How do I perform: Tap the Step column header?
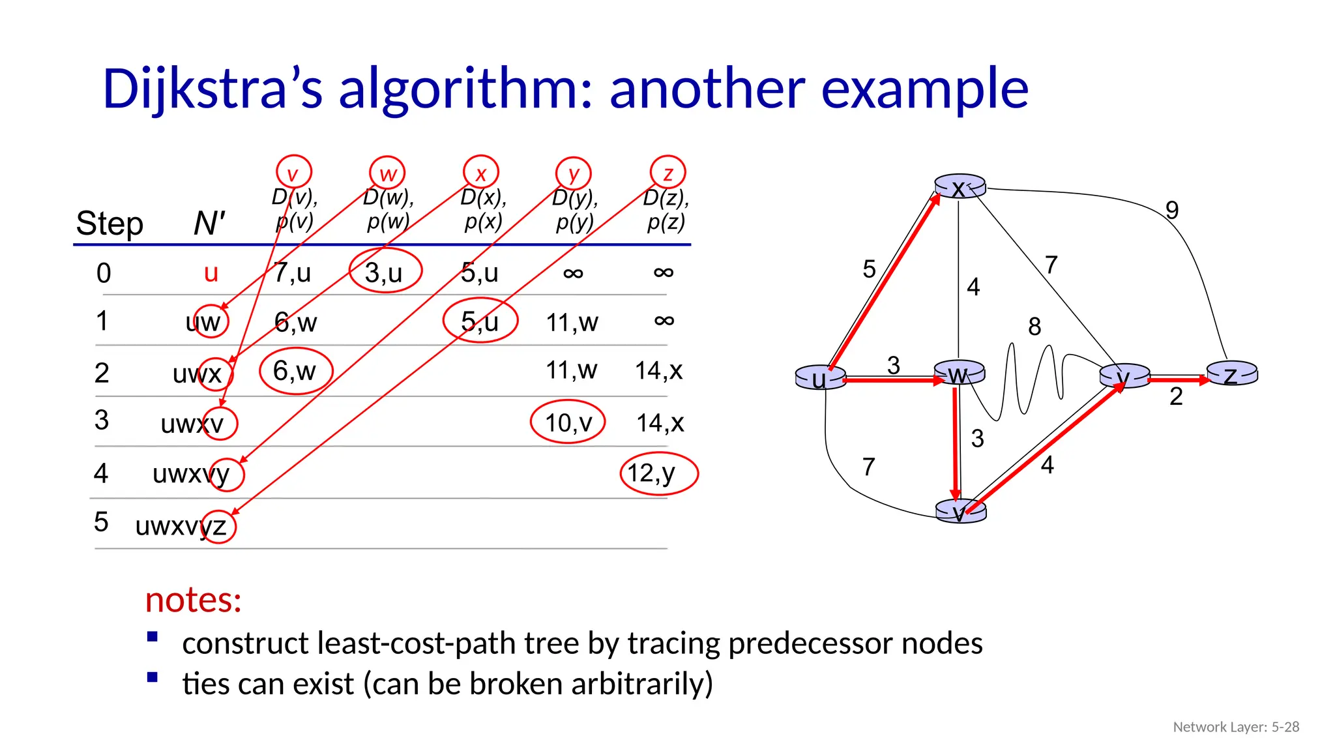(x=110, y=224)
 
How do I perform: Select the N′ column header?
(x=209, y=224)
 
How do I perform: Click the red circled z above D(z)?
(x=667, y=173)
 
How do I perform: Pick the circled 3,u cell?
(x=385, y=271)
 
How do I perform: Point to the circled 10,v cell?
(x=568, y=422)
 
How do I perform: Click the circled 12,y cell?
(x=658, y=473)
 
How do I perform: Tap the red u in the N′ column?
(x=211, y=272)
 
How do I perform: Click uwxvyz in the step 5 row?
(x=181, y=525)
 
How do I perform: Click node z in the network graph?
(x=1231, y=375)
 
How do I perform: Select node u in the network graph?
(x=820, y=378)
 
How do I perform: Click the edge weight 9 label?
(x=1171, y=210)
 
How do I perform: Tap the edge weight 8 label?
(x=1034, y=326)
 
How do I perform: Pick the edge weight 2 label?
(x=1175, y=396)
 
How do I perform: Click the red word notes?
(x=193, y=599)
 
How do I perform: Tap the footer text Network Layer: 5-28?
(x=1235, y=727)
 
